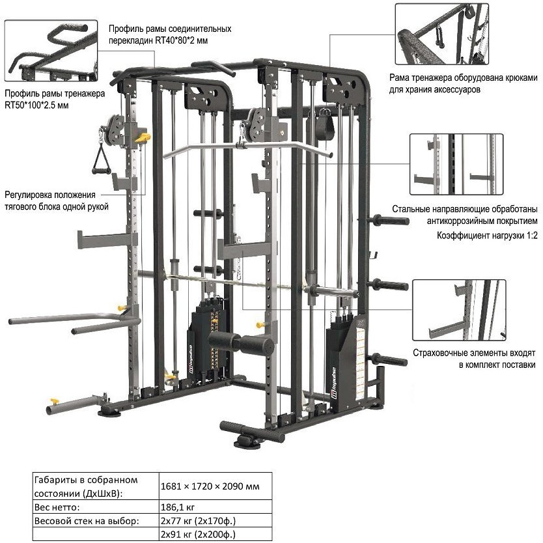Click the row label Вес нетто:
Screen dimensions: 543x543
point(57,508)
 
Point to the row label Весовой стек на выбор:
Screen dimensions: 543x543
point(87,521)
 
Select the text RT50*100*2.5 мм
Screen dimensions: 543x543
point(36,105)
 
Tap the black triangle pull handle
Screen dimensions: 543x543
point(102,160)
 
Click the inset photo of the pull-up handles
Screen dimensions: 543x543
point(51,51)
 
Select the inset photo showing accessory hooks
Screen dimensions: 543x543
point(442,34)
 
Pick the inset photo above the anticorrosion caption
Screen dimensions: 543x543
point(456,164)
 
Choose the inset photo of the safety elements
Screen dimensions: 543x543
point(459,311)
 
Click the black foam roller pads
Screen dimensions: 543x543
point(242,343)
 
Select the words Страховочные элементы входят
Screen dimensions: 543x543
point(474,354)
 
